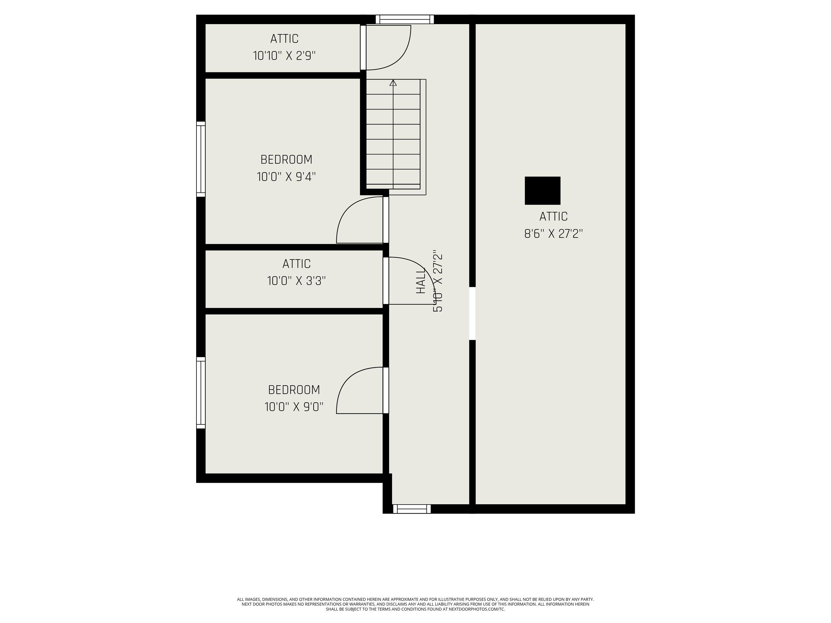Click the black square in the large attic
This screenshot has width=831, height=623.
pos(542,191)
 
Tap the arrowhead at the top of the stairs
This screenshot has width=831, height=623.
pos(393,83)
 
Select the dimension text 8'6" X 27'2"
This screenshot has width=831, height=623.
pos(553,234)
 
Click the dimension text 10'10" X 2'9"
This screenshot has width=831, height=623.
pos(284,56)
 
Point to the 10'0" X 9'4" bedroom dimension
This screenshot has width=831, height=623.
pos(286,177)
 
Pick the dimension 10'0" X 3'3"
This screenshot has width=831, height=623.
pos(296,281)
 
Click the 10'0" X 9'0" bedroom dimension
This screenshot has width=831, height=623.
pos(294,407)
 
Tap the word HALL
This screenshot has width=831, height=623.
pos(420,280)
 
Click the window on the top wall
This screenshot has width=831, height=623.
pos(405,19)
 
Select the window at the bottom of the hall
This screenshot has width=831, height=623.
pos(412,509)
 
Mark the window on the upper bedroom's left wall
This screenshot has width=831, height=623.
pos(201,159)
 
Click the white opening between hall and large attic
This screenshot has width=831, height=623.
pos(473,314)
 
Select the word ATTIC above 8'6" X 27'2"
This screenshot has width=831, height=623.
pos(553,217)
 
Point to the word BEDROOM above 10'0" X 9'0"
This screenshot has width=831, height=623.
pos(294,390)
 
